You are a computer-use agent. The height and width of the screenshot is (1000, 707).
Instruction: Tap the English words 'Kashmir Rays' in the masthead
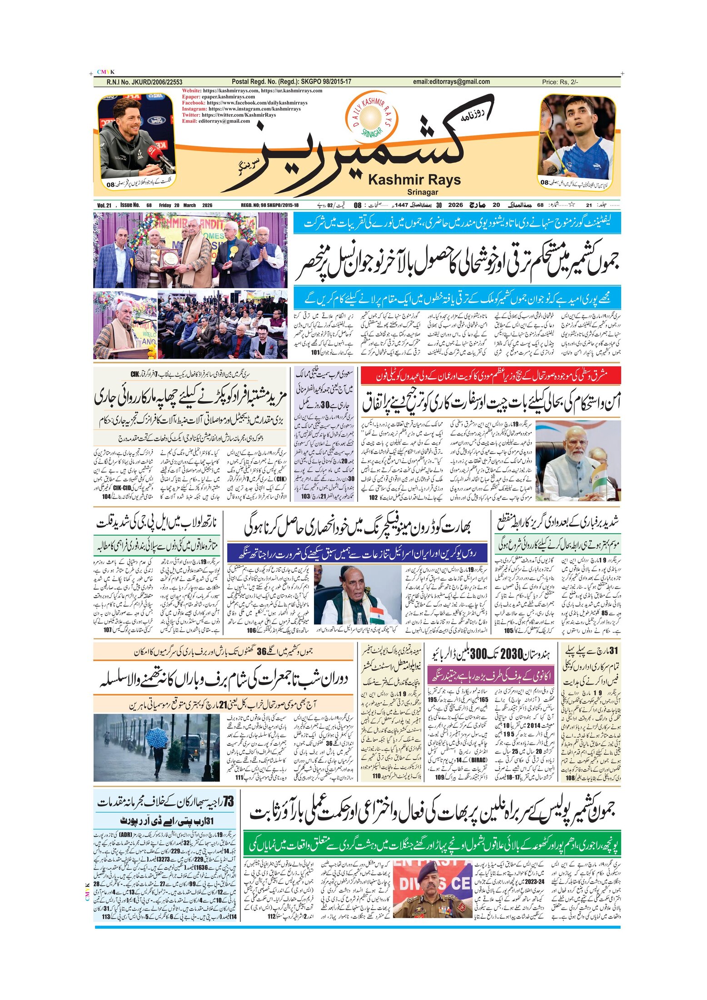(x=414, y=180)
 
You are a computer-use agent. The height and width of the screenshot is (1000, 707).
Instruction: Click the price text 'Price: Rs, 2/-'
(x=560, y=82)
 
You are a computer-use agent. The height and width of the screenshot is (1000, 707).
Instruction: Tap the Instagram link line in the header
(x=241, y=109)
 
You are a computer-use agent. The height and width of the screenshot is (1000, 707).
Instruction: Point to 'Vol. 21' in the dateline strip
(x=104, y=205)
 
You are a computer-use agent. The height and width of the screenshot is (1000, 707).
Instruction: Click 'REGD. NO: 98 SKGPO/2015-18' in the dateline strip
(x=269, y=205)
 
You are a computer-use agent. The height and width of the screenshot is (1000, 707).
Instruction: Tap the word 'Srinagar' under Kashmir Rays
(x=422, y=192)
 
